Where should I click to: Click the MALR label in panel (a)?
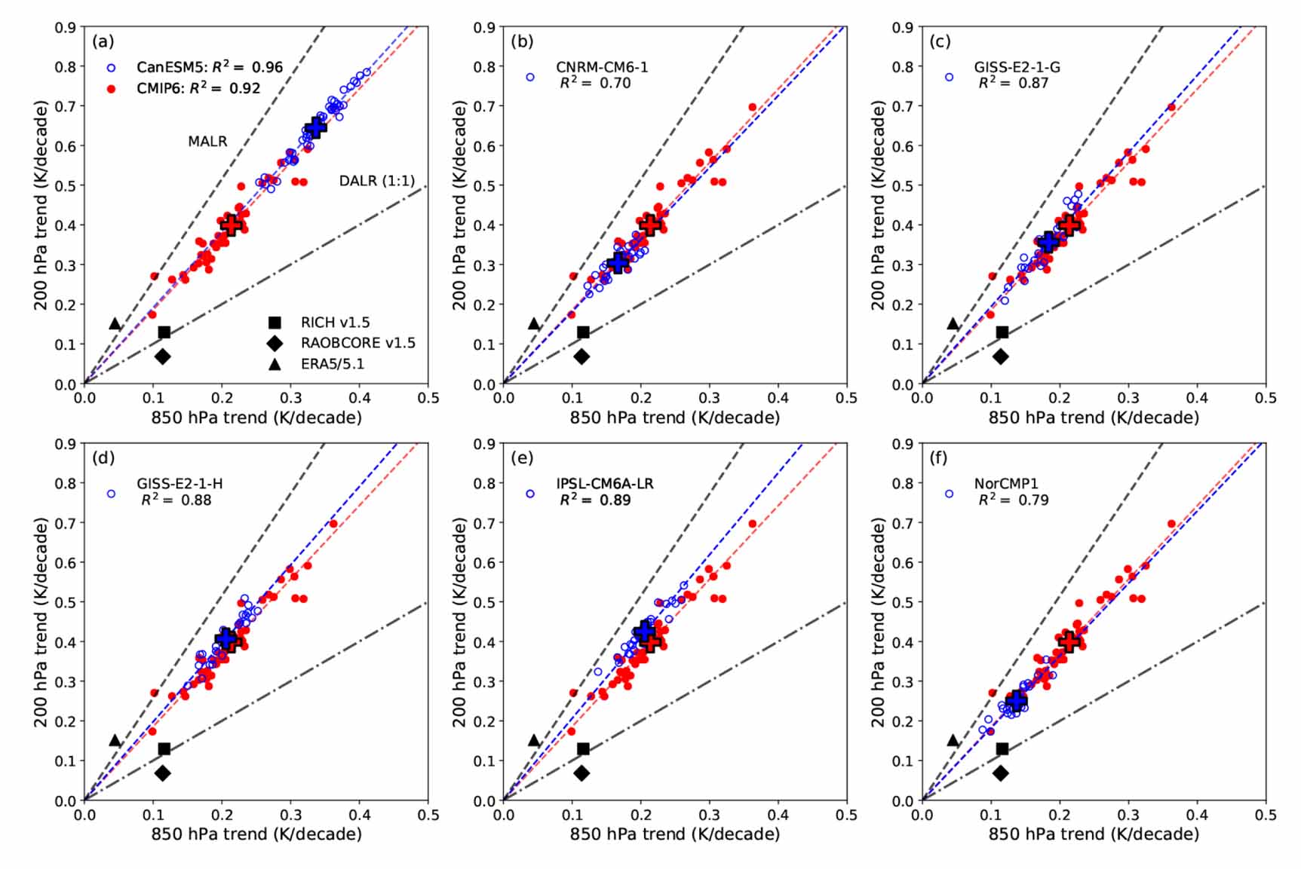[207, 141]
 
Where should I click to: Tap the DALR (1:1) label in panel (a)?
[376, 181]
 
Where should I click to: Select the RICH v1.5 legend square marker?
[275, 323]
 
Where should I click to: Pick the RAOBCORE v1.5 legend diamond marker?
[275, 344]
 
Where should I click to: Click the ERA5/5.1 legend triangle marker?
[275, 364]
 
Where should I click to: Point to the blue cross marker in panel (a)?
[315, 127]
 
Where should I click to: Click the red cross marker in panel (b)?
[649, 225]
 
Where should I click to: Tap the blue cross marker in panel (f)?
[1016, 701]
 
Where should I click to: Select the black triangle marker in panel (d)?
[115, 740]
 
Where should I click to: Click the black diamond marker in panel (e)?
[581, 773]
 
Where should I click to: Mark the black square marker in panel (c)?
[1002, 332]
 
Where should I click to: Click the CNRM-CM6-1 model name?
[602, 67]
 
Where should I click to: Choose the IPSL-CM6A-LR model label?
[605, 484]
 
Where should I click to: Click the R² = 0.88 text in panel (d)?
[176, 500]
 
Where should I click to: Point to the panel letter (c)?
[940, 41]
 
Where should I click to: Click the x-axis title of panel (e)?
[674, 834]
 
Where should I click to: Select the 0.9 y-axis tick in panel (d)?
[65, 444]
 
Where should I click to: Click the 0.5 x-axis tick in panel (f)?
[1266, 815]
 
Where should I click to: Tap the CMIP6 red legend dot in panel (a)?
[112, 88]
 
